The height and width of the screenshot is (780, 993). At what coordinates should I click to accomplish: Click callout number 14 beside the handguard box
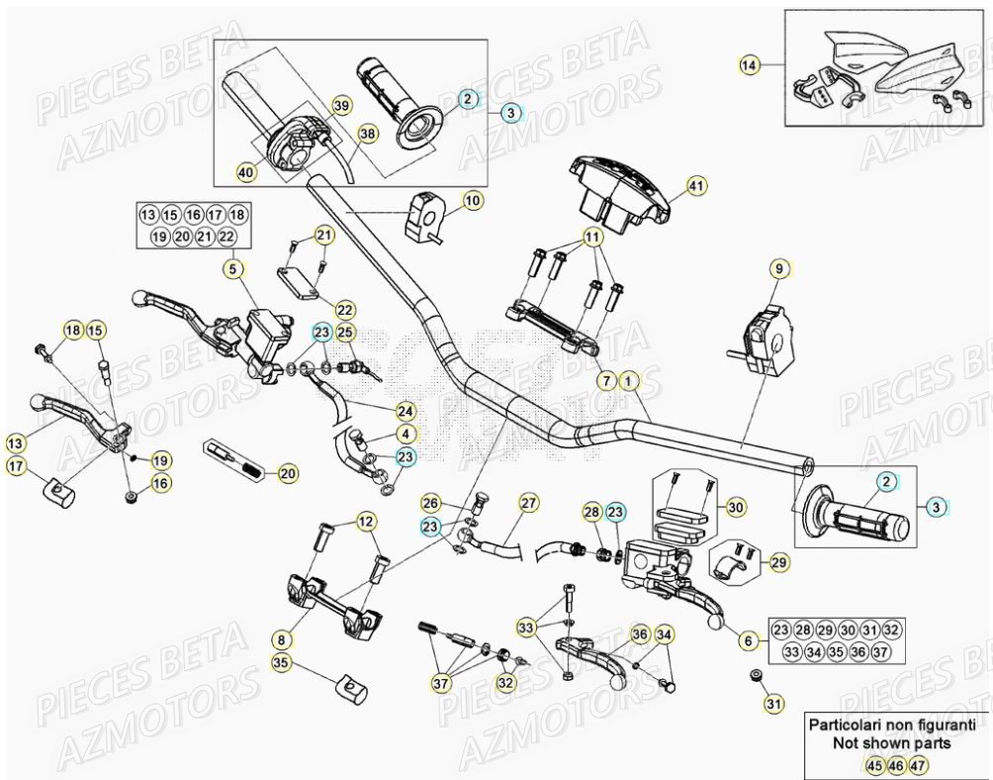click(x=750, y=65)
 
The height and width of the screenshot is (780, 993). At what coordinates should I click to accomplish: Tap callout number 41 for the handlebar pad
click(x=695, y=184)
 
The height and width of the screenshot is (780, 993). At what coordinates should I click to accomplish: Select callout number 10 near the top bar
click(x=472, y=201)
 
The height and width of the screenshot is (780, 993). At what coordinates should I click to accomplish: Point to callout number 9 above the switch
click(x=777, y=268)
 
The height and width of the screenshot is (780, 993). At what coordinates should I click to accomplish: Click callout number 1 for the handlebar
click(x=630, y=379)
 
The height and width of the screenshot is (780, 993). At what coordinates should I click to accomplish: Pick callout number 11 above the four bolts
click(x=591, y=238)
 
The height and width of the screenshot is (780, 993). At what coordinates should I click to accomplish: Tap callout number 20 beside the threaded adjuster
click(x=287, y=474)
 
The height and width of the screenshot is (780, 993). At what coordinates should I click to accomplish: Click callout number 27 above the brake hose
click(x=528, y=503)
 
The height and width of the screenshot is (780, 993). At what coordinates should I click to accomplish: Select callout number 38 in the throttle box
click(x=367, y=134)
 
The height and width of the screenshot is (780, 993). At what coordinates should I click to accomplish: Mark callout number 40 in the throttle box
click(x=245, y=172)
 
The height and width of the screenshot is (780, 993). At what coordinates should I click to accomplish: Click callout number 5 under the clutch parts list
click(x=231, y=267)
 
